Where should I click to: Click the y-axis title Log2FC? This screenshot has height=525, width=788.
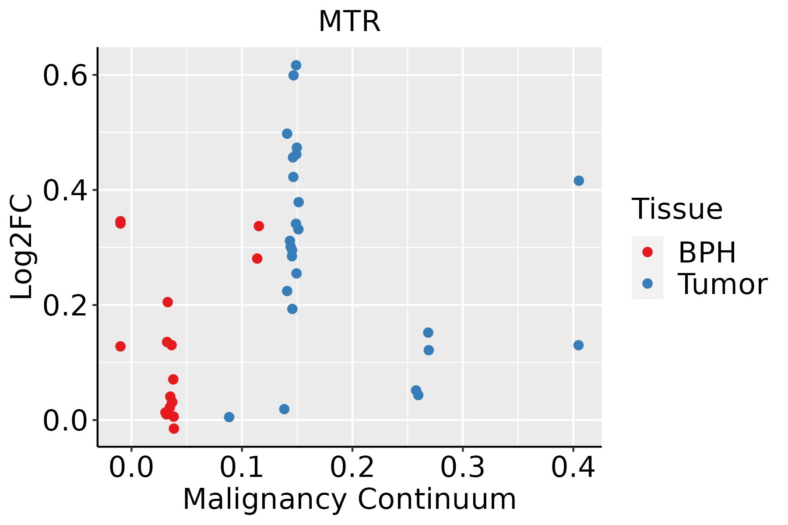(22, 247)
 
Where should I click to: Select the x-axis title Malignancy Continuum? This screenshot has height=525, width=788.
(349, 500)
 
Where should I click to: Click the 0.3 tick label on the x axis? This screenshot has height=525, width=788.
(462, 468)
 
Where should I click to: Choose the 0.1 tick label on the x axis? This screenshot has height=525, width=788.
(242, 468)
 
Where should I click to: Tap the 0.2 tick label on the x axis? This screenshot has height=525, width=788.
(352, 468)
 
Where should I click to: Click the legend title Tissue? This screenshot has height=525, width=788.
(677, 209)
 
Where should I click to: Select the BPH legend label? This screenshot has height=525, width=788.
(707, 252)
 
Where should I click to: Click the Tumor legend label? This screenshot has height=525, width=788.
(722, 284)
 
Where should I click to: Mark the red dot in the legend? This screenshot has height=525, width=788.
(647, 252)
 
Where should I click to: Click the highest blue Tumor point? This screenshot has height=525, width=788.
(296, 65)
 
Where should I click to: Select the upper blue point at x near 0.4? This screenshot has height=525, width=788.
(579, 181)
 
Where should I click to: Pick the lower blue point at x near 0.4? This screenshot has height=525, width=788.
(578, 345)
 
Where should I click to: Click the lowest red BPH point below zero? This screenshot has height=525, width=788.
(174, 428)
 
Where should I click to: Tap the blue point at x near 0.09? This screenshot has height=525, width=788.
(229, 417)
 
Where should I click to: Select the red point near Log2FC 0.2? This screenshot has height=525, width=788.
(168, 302)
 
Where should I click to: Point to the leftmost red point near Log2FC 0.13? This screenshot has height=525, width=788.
(120, 346)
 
